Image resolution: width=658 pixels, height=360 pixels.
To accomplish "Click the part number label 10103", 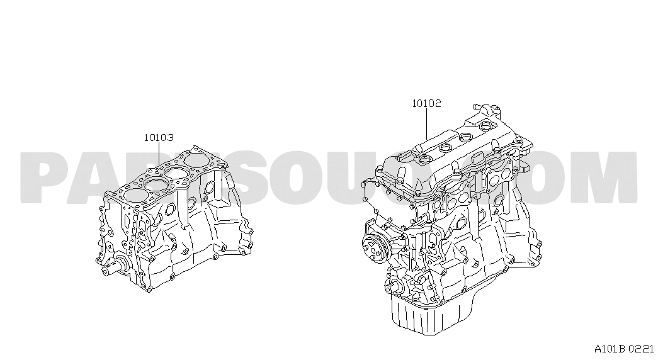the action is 159,137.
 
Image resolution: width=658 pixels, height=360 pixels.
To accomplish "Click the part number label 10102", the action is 426,103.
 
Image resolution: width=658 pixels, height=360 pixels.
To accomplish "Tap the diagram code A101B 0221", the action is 624,348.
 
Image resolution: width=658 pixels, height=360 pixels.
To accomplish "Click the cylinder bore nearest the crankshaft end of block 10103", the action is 136,196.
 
